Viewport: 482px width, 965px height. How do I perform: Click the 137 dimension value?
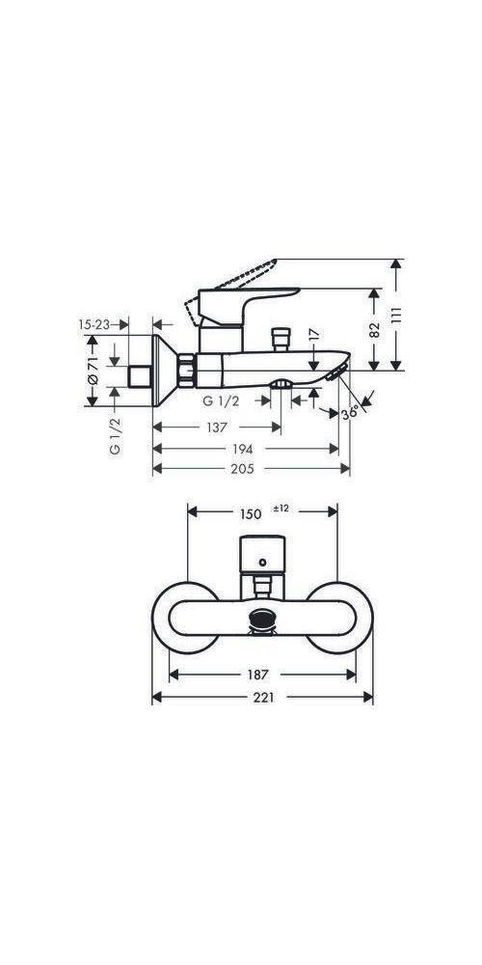pos(216,427)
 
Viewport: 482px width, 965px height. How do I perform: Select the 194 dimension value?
pos(242,449)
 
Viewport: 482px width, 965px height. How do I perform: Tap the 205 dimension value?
pos(242,469)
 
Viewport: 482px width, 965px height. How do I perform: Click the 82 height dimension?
pos(375,330)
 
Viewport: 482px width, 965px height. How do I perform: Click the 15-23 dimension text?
pos(94,324)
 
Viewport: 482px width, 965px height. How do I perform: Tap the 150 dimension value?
pos(251,514)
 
